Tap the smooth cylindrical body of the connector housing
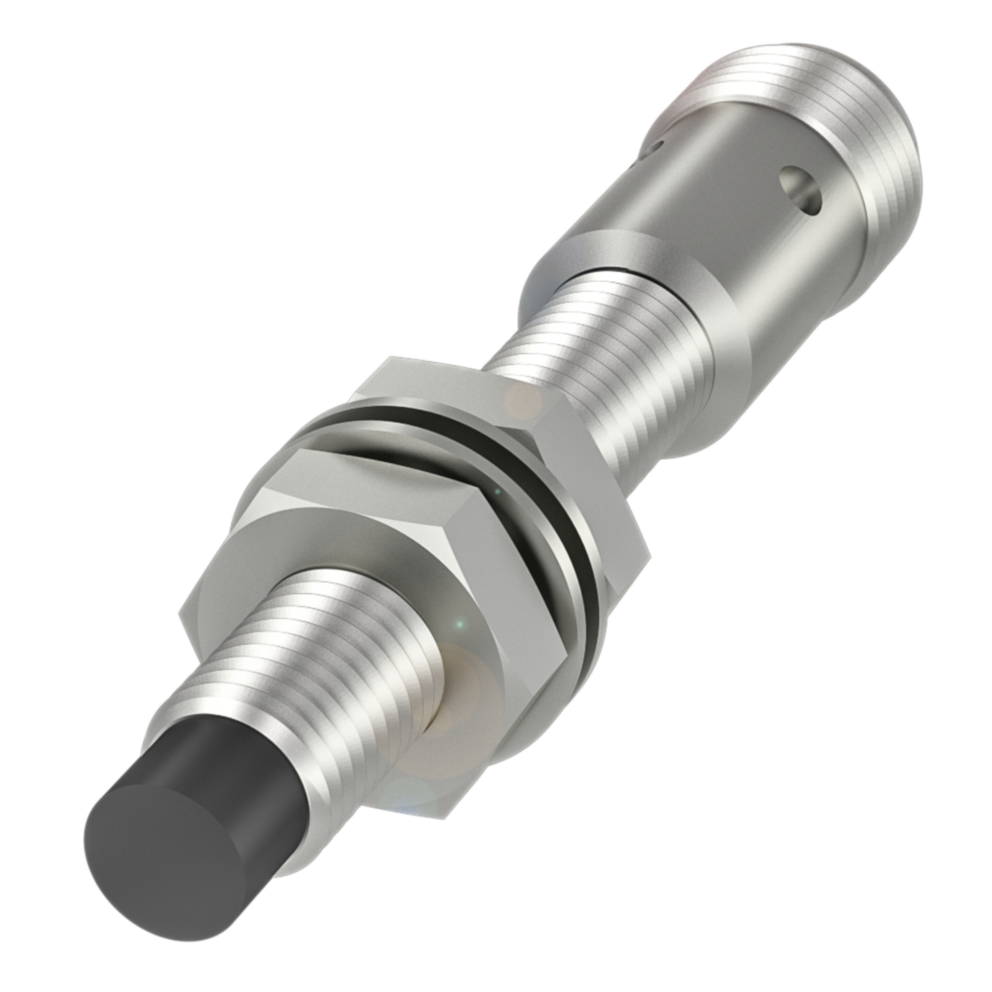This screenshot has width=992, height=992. pyautogui.click(x=697, y=209)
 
